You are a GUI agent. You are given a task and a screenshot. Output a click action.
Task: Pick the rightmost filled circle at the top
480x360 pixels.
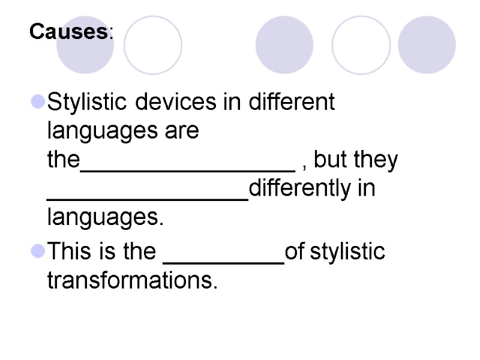click(427, 45)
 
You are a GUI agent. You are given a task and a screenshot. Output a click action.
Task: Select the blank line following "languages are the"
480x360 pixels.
click(187, 168)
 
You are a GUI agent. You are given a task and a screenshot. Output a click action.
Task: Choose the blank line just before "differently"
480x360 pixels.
click(147, 197)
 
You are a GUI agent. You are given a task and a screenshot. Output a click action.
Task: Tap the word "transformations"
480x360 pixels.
click(133, 281)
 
